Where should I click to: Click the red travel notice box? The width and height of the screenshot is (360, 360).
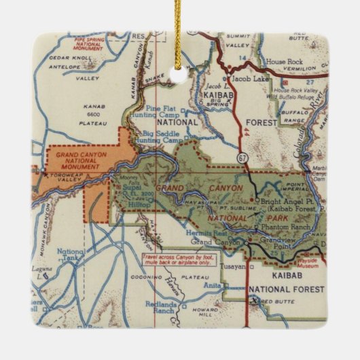click(x=179, y=261)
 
